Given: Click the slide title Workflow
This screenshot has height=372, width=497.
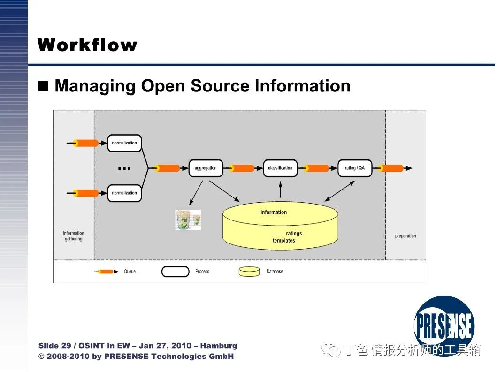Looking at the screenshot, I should [x=87, y=45].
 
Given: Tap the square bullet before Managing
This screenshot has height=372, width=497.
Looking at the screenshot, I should [x=44, y=86].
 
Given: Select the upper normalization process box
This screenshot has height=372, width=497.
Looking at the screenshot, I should [x=124, y=143].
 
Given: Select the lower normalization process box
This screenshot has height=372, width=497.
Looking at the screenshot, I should [x=124, y=193].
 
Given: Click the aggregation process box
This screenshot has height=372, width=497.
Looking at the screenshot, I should [x=206, y=168].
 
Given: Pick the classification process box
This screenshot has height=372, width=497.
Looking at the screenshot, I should [x=280, y=168].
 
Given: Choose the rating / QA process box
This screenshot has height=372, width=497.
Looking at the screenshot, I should [x=355, y=168].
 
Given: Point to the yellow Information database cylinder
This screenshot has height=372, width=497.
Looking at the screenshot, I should [x=280, y=226].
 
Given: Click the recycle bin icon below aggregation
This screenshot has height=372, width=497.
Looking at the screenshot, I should [x=188, y=220].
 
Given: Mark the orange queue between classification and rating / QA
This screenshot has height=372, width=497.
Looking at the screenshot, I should [x=317, y=168].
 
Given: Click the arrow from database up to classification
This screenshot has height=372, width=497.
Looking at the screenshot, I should [x=280, y=190].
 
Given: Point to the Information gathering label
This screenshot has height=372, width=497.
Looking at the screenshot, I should [x=74, y=236].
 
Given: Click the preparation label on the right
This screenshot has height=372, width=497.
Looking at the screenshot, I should [x=405, y=236].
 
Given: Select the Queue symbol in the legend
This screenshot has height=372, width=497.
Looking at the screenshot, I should [x=106, y=272].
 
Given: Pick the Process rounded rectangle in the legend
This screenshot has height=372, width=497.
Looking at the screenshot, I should [x=175, y=272].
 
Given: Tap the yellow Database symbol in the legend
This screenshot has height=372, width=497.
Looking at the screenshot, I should [x=249, y=272].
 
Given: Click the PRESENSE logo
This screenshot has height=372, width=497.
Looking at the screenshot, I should [x=444, y=325].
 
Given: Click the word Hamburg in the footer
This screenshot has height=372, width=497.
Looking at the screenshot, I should [x=219, y=346].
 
